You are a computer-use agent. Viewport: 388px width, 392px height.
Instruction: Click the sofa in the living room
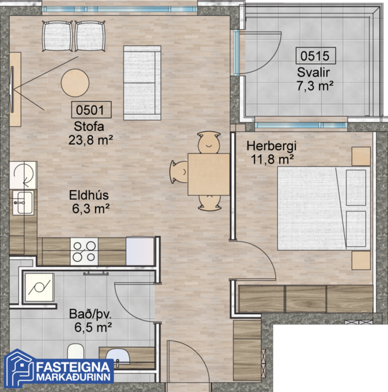[141, 82]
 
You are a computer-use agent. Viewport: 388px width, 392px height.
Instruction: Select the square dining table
[208, 175]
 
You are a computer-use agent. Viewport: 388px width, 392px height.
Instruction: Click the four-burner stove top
[84, 251]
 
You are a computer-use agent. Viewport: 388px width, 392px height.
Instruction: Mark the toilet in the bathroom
[75, 354]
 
